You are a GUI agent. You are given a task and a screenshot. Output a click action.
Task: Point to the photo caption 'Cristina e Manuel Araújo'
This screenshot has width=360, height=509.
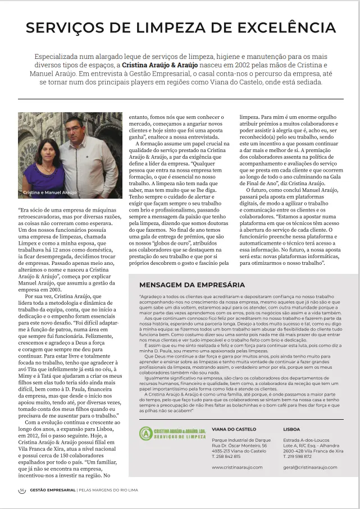click(50, 192)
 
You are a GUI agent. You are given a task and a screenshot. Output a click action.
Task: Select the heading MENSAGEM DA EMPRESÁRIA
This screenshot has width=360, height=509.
click(192, 285)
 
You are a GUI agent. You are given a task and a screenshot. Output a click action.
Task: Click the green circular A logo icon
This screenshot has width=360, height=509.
click(145, 433)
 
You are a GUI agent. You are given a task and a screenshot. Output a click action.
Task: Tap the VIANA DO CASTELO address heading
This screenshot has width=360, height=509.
click(234, 429)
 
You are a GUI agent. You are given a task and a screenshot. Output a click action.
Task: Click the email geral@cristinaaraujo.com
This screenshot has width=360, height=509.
click(310, 467)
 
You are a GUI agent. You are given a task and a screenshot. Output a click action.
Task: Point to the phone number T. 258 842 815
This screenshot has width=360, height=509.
click(226, 456)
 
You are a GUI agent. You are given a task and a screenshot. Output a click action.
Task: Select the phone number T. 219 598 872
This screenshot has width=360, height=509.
click(298, 456)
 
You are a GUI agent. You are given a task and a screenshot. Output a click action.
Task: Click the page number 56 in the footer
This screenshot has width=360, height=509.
click(22, 490)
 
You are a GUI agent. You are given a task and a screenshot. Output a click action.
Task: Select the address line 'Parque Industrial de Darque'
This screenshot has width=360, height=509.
click(241, 440)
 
